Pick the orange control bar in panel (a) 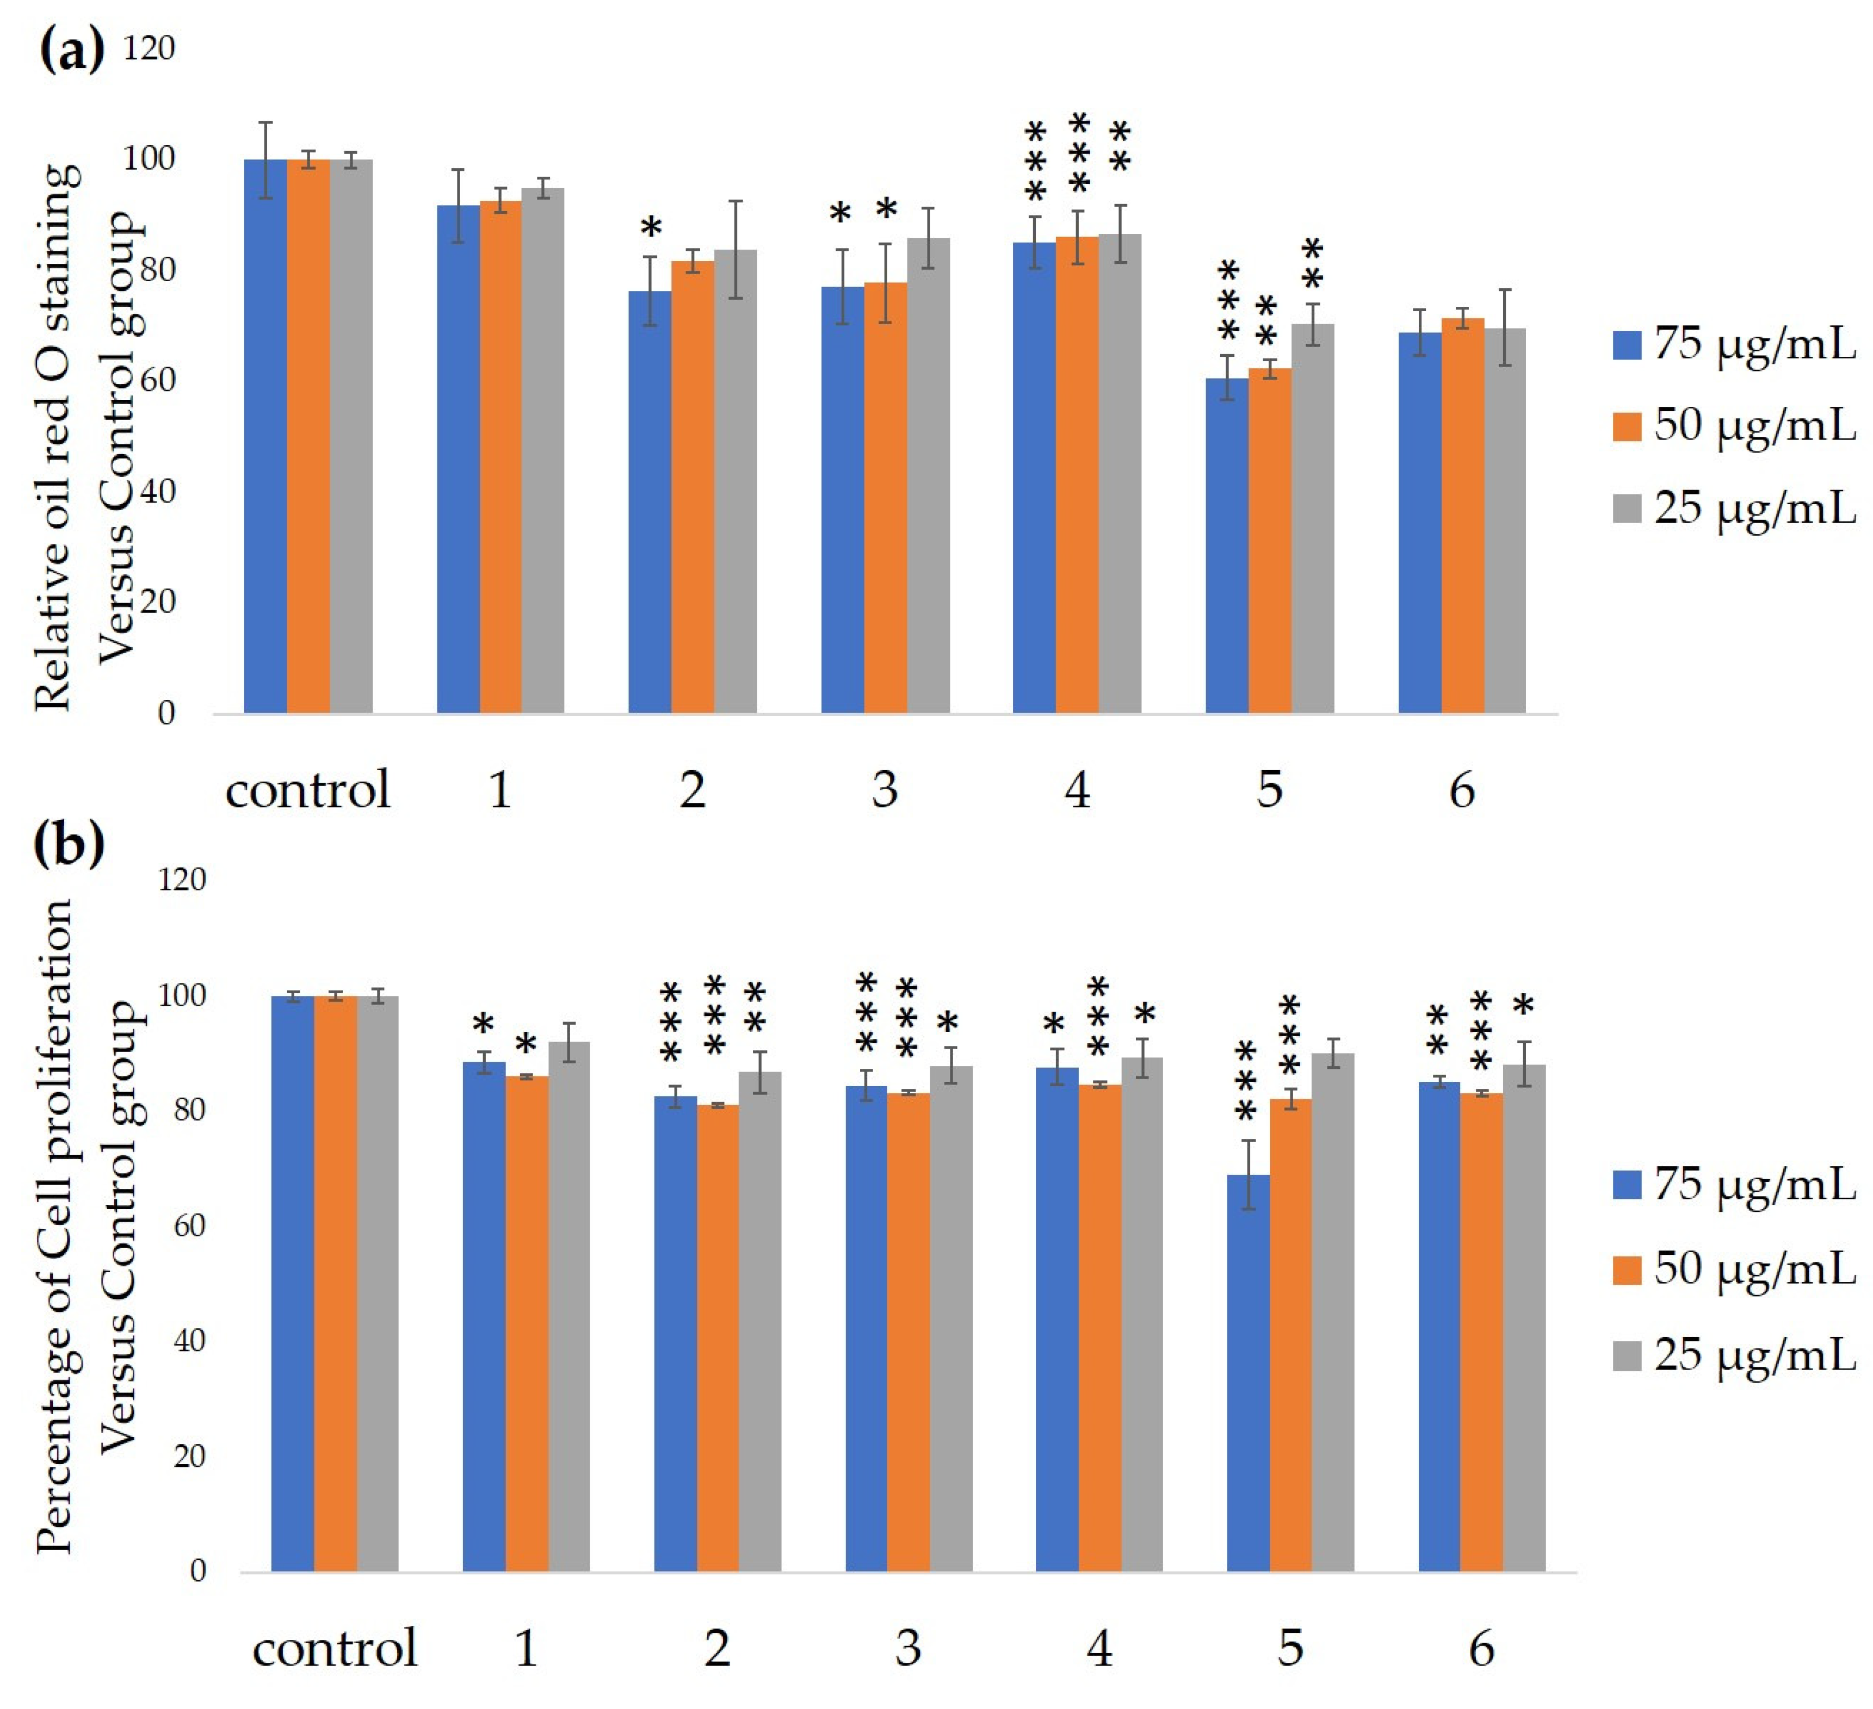point(307,437)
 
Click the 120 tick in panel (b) point(182,878)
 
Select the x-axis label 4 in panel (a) point(1077,789)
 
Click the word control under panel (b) point(335,1649)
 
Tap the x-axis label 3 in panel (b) point(908,1649)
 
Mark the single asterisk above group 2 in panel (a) point(651,227)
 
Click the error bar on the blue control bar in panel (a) point(265,160)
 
